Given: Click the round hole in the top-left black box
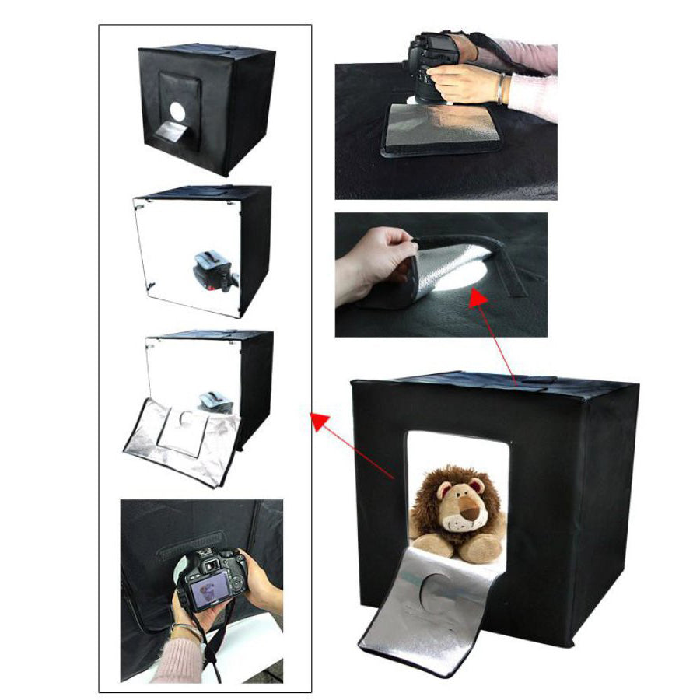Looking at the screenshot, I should (x=178, y=112).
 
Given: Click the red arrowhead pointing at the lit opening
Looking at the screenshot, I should (x=477, y=298).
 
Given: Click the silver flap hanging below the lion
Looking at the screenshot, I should (x=432, y=607).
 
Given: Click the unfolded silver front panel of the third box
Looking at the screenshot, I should (x=183, y=443).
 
